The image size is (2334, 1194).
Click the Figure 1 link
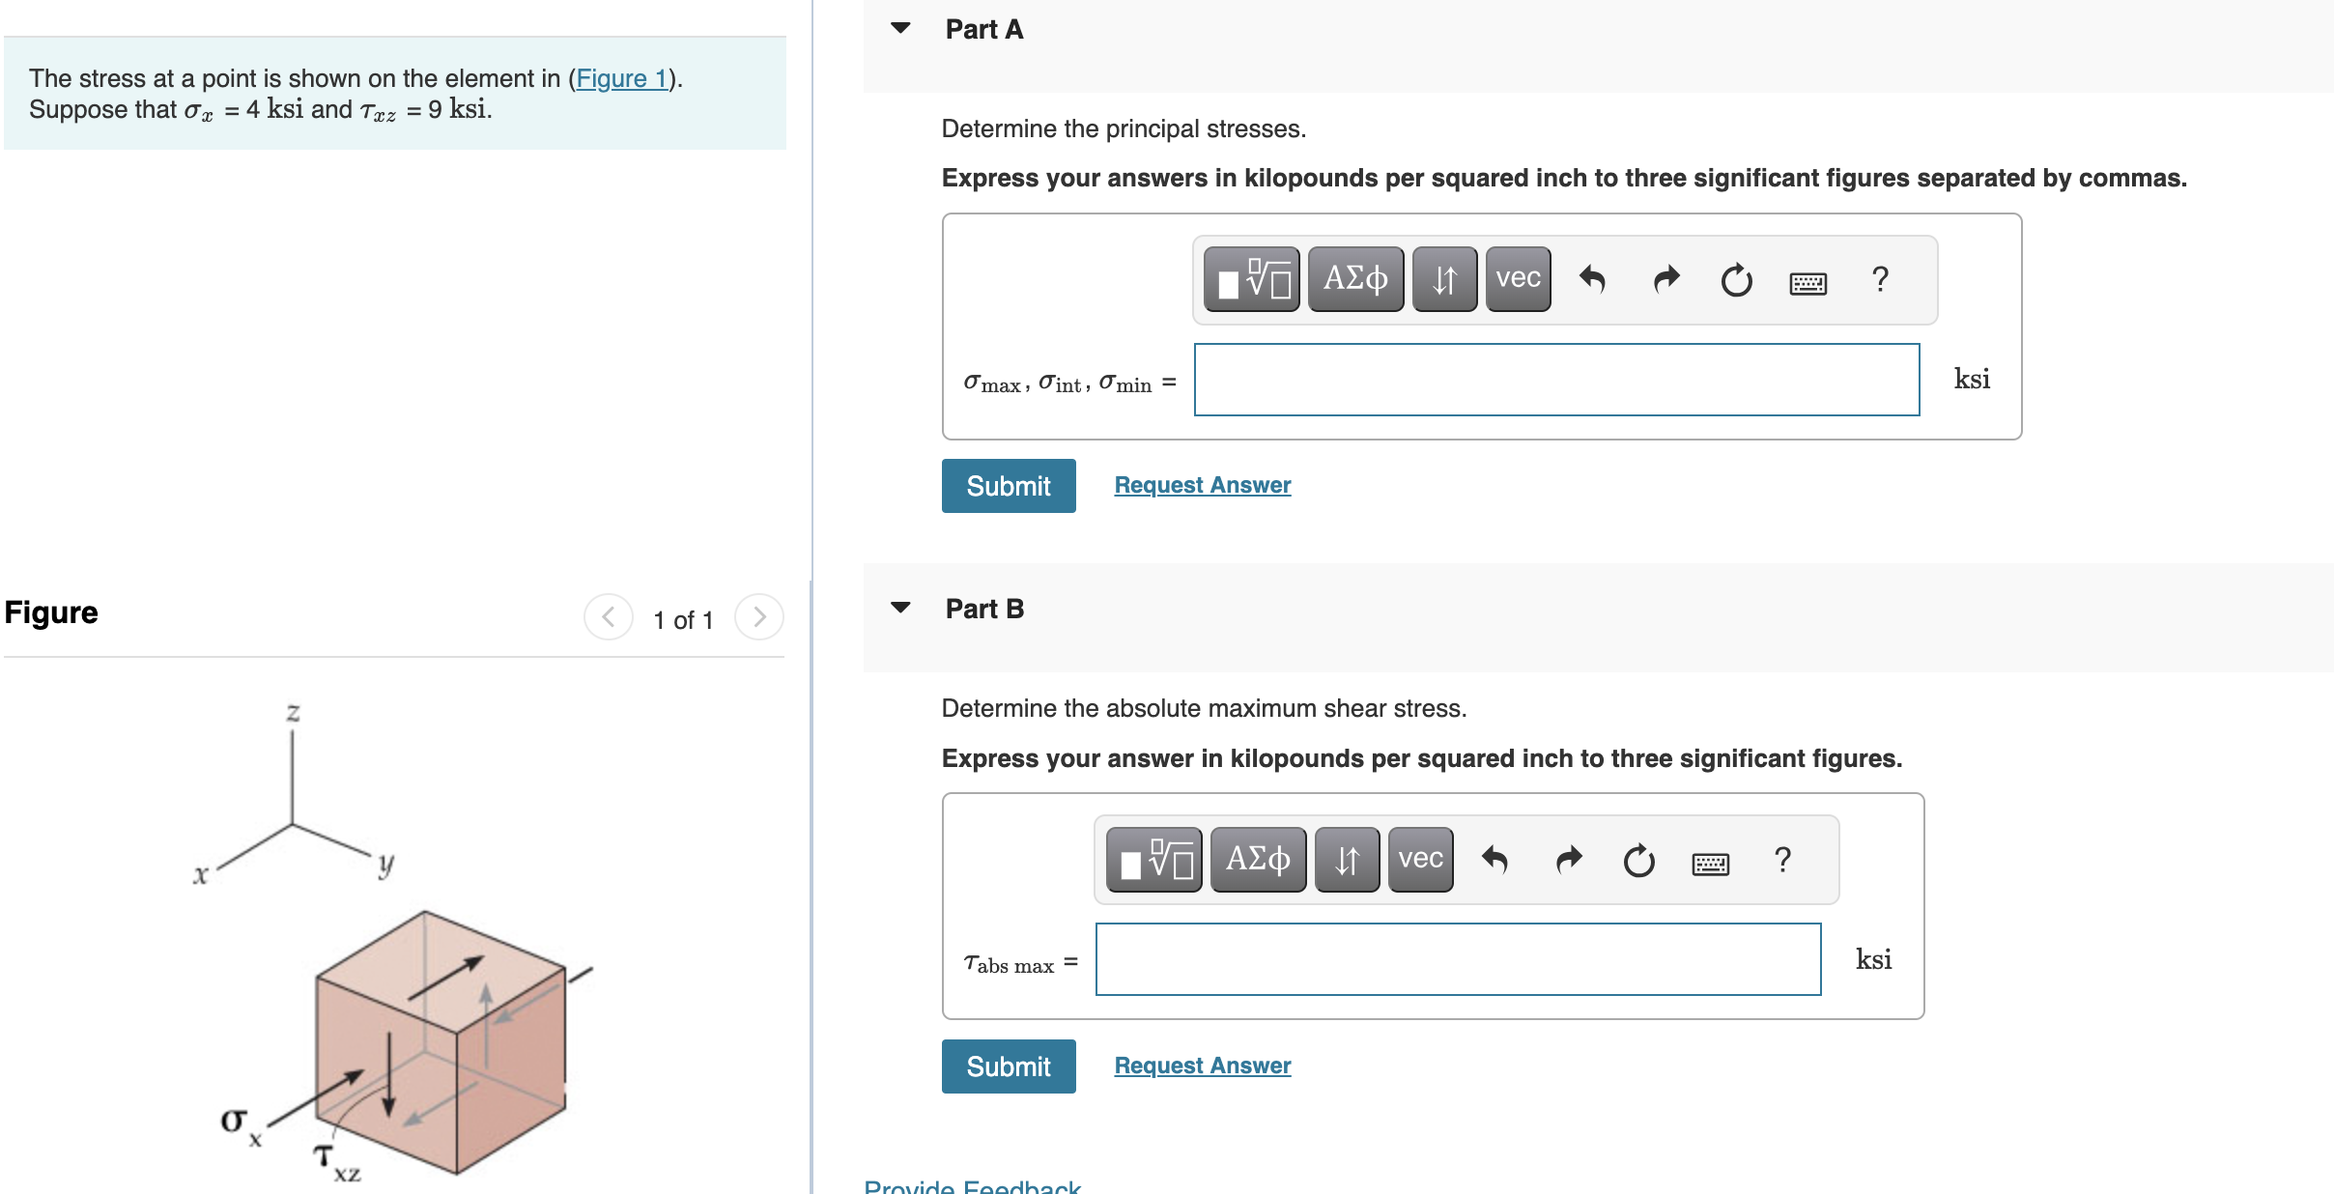pos(622,78)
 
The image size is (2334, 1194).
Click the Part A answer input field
pos(1556,380)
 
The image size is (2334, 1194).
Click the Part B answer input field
pos(1458,959)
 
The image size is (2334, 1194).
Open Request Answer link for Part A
pos(1202,485)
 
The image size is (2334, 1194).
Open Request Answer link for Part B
pos(1202,1066)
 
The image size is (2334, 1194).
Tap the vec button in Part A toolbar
pos(1518,279)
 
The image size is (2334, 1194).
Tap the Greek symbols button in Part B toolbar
pos(1258,860)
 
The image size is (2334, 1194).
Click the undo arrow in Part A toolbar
pos(1592,280)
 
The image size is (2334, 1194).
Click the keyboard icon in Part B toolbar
pos(1710,863)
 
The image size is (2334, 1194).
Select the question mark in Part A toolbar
pos(1880,279)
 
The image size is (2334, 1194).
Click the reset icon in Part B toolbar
pos(1638,861)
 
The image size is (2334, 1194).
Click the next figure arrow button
pos(759,617)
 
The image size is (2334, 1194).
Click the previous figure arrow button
pos(609,617)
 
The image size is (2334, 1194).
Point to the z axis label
pos(293,713)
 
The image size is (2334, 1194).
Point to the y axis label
pos(385,863)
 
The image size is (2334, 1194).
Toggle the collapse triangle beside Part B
pos(900,608)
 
